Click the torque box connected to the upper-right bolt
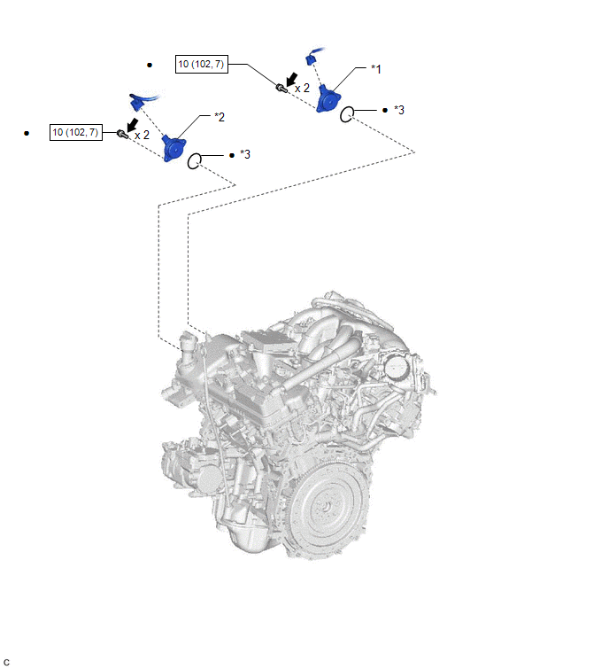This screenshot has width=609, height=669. (x=202, y=64)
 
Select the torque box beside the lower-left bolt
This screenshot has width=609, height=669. (x=76, y=132)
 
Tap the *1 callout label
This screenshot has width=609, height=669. (x=376, y=69)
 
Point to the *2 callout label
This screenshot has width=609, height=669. (x=220, y=117)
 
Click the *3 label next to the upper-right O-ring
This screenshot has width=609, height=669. (x=399, y=110)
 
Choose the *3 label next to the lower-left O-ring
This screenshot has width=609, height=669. (x=245, y=154)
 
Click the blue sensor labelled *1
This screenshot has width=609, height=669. (x=328, y=99)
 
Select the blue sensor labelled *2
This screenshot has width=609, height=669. (x=173, y=148)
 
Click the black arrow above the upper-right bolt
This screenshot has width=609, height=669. (x=291, y=80)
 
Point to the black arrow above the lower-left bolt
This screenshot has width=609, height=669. (x=133, y=126)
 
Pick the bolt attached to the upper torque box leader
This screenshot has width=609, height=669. (x=281, y=88)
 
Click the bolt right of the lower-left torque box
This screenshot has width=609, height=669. (x=122, y=134)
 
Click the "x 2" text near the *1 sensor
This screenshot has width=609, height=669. (x=302, y=89)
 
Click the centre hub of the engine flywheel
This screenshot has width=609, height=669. (x=326, y=508)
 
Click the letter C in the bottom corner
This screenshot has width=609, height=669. (x=6, y=662)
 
